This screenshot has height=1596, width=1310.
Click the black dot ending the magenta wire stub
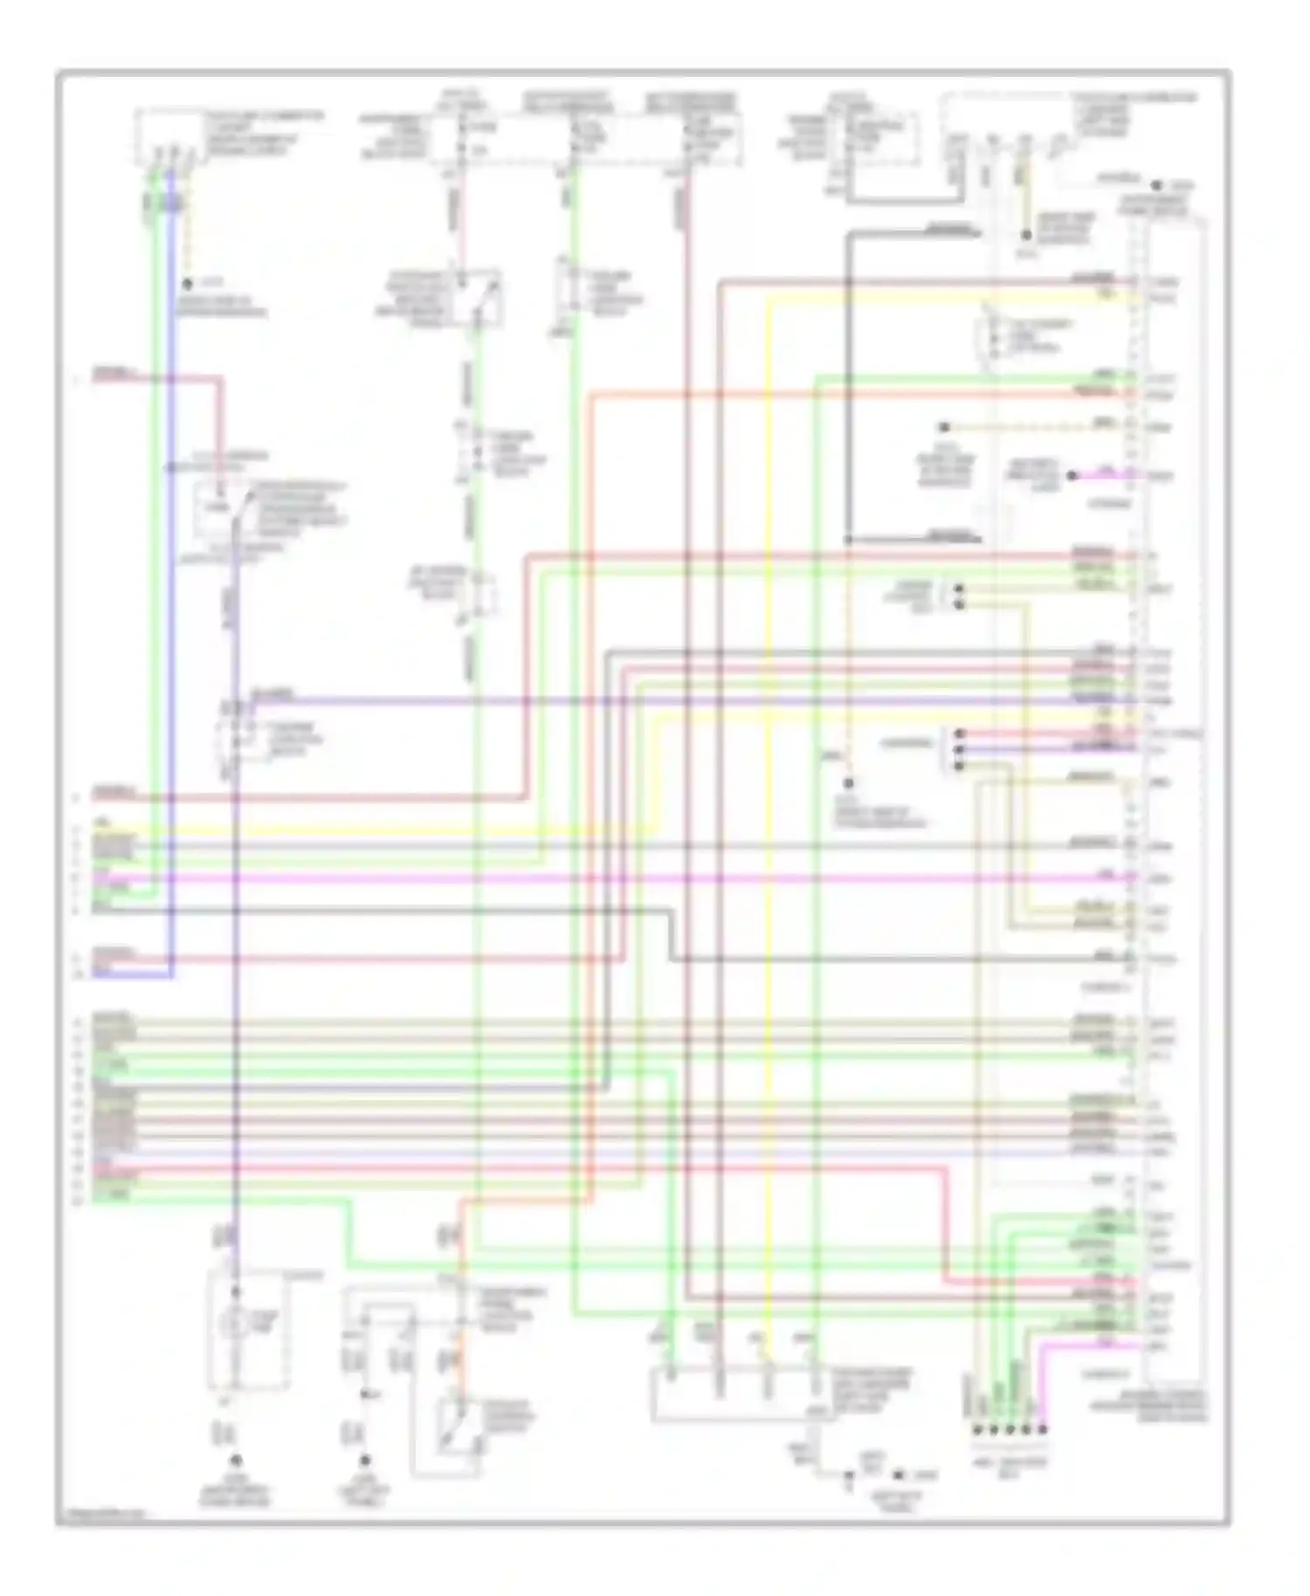(1073, 476)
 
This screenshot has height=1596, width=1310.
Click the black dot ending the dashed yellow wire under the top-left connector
(187, 285)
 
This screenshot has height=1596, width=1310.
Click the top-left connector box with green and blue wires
(168, 137)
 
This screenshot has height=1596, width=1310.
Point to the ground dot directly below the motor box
(234, 1460)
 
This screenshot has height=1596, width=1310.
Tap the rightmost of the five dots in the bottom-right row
(1042, 1430)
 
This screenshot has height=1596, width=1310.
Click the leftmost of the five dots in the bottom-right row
(976, 1430)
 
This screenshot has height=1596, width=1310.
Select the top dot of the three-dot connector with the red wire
(960, 733)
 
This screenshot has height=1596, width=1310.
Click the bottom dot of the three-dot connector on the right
(960, 766)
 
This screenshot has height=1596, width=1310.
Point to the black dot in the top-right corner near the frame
(1155, 186)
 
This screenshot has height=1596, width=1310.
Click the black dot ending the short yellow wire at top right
(1027, 236)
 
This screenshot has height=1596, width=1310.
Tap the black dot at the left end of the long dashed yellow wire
(944, 428)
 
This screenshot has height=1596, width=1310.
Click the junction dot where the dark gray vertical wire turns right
(848, 540)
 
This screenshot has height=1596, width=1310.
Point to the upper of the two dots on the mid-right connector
(960, 589)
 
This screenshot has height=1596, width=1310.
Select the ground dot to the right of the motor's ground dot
(365, 1460)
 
